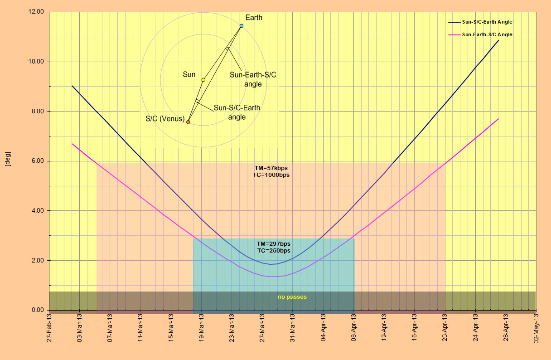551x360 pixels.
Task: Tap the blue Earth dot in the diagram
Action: coord(242,26)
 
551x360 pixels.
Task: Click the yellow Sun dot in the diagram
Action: coord(203,80)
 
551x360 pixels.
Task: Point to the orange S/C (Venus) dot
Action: coord(188,122)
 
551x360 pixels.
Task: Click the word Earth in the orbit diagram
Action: coord(254,18)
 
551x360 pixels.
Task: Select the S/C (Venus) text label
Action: coord(165,119)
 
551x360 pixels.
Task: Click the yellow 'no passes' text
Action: coord(292,297)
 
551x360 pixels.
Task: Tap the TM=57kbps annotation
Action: coord(271,168)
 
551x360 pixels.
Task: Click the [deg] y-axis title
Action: coord(8,161)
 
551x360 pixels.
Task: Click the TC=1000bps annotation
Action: coord(271,175)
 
